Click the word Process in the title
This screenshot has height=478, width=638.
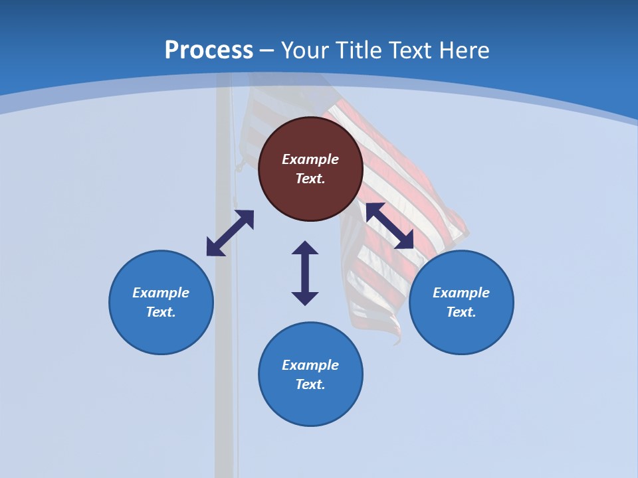point(209,50)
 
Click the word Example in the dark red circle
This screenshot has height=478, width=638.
point(310,159)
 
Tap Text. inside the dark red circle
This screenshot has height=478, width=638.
point(310,179)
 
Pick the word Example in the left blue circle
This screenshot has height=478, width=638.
point(161,293)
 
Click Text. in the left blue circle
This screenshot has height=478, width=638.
point(161,312)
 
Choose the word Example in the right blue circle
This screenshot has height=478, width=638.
point(461,293)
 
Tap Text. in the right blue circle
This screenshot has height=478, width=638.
point(461,312)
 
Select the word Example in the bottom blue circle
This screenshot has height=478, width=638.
point(310,365)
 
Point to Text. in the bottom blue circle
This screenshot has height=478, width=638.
point(310,384)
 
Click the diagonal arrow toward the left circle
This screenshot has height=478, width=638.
point(230,233)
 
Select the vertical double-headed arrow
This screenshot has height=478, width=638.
point(305,273)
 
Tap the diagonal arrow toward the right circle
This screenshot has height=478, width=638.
point(390,226)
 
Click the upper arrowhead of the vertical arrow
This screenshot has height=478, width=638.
point(305,248)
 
